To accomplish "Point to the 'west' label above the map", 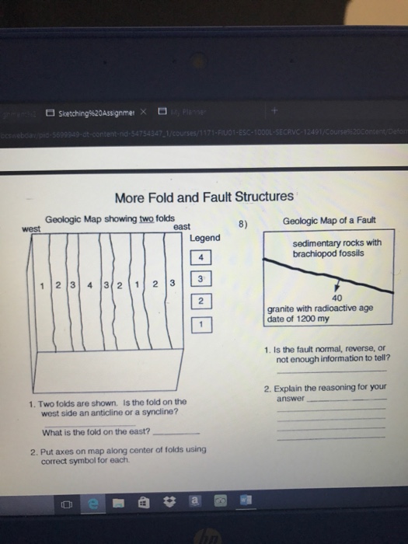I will pyautogui.click(x=31, y=229).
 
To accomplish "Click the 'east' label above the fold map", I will pyautogui.click(x=181, y=226).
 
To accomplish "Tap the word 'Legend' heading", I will pyautogui.click(x=204, y=237).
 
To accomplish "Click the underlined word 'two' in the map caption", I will pyautogui.click(x=148, y=218).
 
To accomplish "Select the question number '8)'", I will pyautogui.click(x=242, y=224).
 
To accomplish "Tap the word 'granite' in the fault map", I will pyautogui.click(x=284, y=308).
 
